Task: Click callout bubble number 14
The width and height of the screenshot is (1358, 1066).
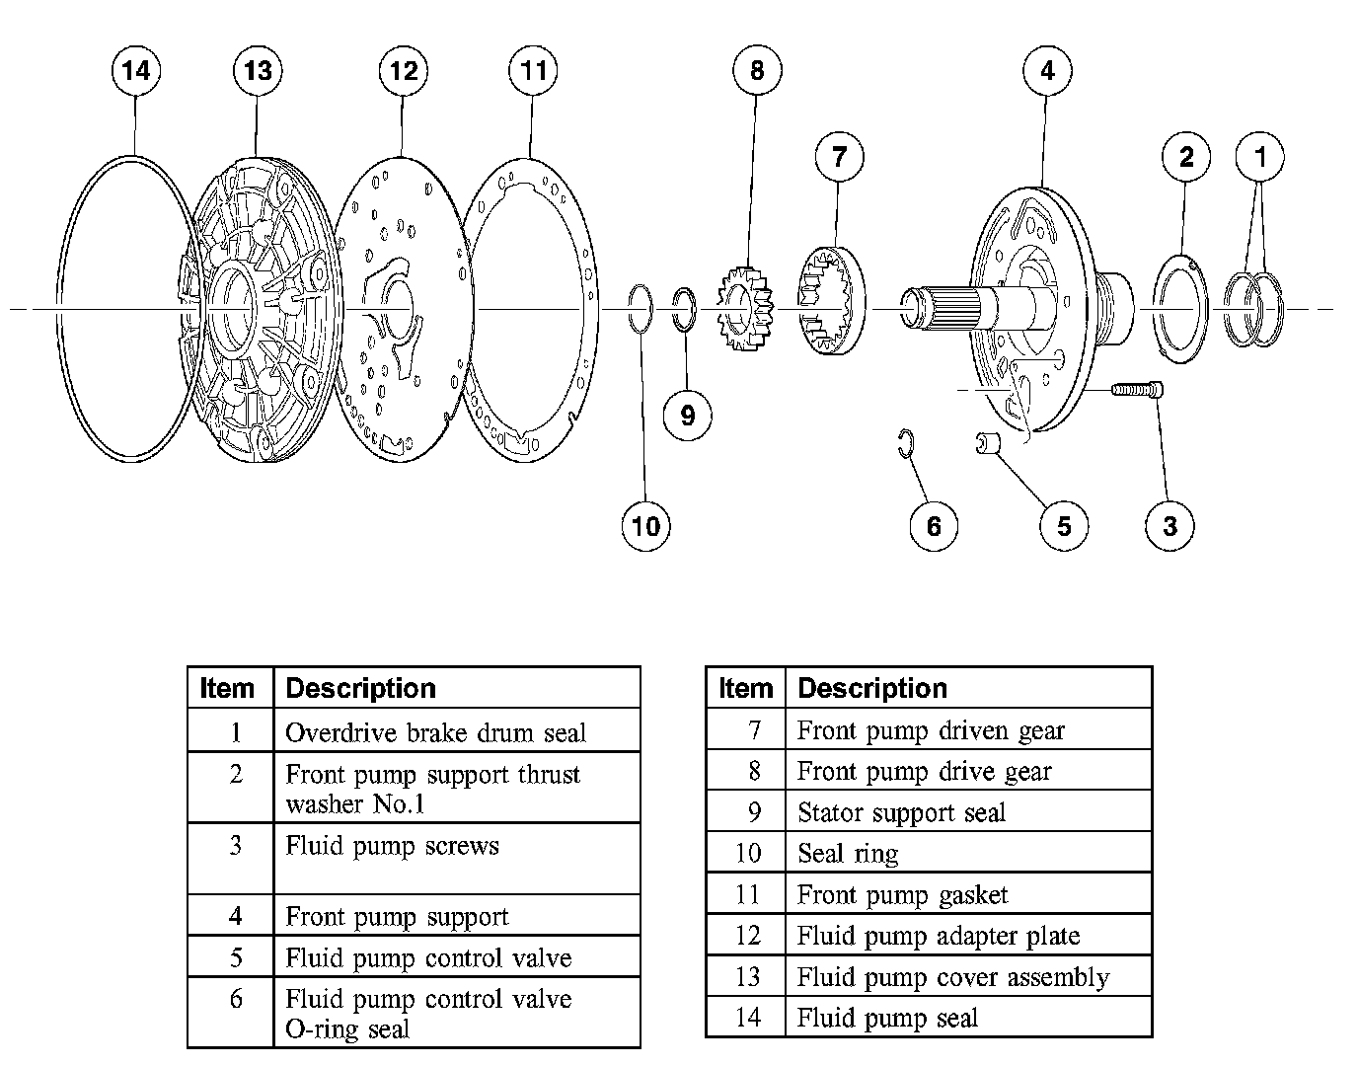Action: (x=137, y=71)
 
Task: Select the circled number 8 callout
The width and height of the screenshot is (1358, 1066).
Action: (x=757, y=71)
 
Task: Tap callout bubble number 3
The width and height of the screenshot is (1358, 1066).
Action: (x=1169, y=525)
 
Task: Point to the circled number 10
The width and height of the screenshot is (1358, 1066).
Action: (x=645, y=525)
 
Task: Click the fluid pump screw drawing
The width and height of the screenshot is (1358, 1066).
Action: (x=1137, y=390)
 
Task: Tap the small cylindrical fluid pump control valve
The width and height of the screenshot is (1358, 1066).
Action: (x=988, y=443)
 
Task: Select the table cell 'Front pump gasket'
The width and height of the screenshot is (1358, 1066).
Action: (x=902, y=895)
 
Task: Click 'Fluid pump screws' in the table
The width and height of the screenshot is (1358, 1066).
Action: (x=392, y=846)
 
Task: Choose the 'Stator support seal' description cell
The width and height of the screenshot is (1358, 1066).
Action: (x=901, y=812)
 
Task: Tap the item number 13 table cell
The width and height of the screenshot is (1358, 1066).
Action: (x=747, y=977)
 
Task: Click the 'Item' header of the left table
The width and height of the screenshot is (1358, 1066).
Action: (x=227, y=688)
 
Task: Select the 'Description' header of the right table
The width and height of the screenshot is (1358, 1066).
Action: (x=872, y=688)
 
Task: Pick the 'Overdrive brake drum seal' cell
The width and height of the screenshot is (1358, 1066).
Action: (x=435, y=732)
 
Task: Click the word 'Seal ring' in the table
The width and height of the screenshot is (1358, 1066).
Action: (x=848, y=853)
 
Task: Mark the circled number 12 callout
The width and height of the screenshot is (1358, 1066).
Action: (x=404, y=71)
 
